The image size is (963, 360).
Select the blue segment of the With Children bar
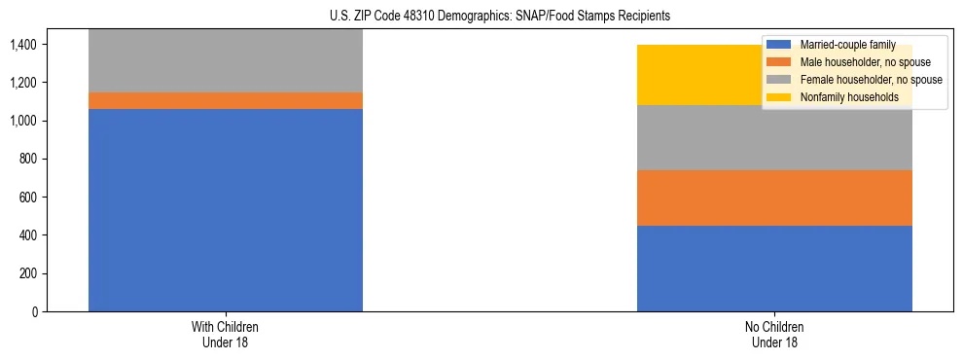point(226,210)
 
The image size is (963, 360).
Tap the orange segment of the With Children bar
point(226,100)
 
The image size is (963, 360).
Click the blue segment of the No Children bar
point(774,269)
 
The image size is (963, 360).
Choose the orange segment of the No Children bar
point(774,198)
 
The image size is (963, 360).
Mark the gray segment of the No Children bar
point(774,137)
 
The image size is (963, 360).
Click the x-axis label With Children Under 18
point(226,334)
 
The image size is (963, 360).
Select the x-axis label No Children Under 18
point(774,334)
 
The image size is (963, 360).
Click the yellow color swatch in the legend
point(779,97)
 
